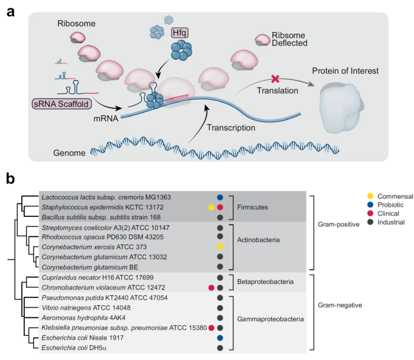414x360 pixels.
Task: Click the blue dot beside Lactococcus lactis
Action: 220,197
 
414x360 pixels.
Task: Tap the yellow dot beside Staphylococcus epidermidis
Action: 211,207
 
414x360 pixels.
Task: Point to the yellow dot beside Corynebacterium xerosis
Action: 220,246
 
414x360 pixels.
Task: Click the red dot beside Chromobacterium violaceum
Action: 211,287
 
